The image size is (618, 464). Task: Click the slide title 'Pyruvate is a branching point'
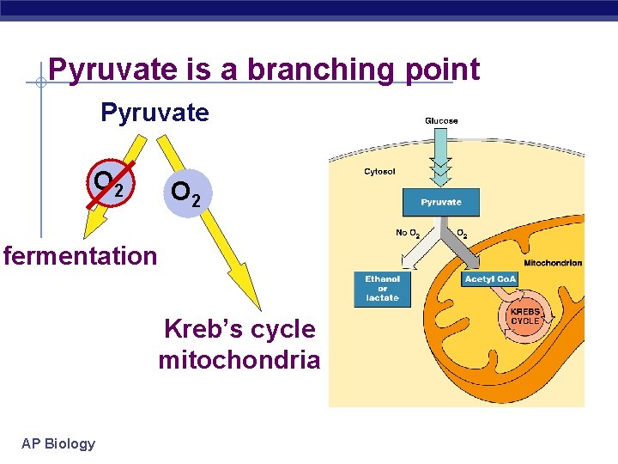(264, 70)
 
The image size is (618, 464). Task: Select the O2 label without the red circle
(186, 192)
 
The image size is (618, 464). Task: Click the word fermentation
(80, 256)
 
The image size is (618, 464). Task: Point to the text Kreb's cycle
(239, 329)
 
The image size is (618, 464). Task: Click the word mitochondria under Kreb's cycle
(239, 360)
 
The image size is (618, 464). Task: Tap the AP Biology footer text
(58, 443)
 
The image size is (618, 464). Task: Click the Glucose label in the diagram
(441, 121)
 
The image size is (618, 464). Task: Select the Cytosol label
(379, 172)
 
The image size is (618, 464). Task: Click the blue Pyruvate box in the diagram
(440, 203)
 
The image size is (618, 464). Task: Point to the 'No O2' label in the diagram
(408, 233)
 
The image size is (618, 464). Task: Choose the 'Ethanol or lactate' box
(382, 289)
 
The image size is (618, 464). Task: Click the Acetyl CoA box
(490, 279)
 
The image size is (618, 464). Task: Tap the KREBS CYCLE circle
(524, 315)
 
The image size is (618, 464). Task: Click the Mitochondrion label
(553, 263)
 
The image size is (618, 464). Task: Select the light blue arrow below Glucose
(440, 160)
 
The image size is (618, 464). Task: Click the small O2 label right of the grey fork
(461, 233)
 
